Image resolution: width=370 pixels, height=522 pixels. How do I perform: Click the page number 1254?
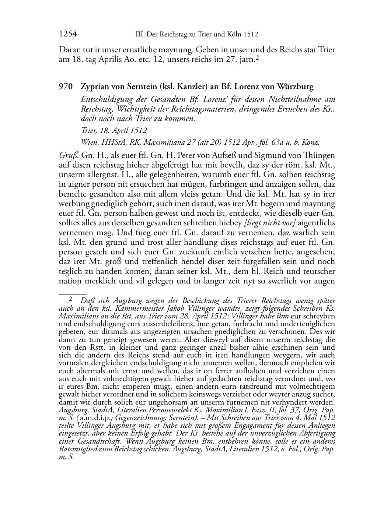[x=67, y=34]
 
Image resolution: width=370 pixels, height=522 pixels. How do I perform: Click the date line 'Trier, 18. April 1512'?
[x=114, y=130]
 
